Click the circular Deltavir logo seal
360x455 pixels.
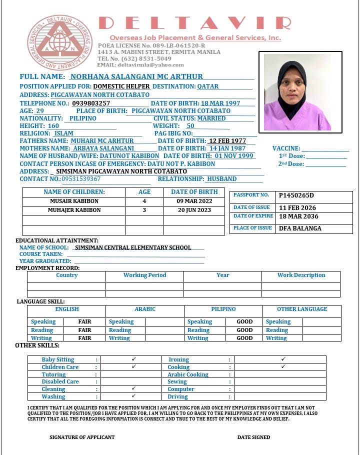coord(60,42)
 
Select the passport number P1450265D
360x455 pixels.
coord(296,195)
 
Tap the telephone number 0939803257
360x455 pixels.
coord(91,103)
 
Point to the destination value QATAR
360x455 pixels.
coord(207,86)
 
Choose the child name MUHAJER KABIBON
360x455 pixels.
coord(74,210)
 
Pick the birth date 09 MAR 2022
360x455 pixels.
coord(194,201)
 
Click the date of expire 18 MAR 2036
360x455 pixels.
coord(297,217)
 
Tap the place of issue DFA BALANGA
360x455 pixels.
coord(300,228)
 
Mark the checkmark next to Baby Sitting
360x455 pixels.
coord(133,359)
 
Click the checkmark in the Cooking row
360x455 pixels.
coord(283,367)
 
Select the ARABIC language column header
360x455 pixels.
coord(145,309)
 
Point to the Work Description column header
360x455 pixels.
coord(301,275)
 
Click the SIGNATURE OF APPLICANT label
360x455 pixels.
coord(82,437)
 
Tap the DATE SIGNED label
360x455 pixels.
coord(253,437)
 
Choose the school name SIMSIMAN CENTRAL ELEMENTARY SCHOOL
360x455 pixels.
coord(133,247)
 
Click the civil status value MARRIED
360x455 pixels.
coord(211,118)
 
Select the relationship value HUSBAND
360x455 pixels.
coord(222,179)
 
